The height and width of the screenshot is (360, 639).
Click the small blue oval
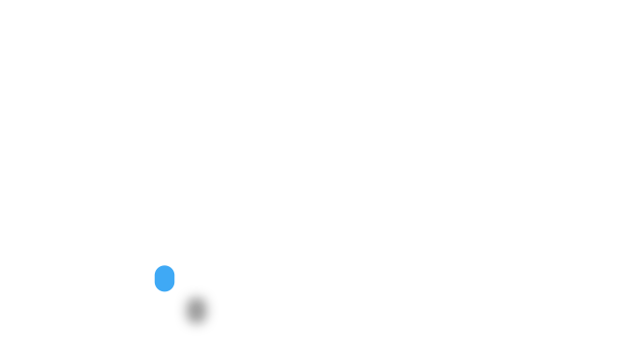coord(165,279)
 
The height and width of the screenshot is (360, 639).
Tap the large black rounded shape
coord(197,311)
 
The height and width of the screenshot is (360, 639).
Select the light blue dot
coord(165,279)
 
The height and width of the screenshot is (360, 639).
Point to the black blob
coord(197,311)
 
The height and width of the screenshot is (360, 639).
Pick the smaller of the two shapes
coord(165,279)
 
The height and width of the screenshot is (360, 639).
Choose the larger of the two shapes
coord(197,311)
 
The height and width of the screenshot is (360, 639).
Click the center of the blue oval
coord(165,279)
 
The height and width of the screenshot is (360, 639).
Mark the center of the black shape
coord(197,311)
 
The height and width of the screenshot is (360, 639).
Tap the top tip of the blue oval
coord(165,265)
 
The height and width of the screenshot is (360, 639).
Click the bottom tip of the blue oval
coord(165,291)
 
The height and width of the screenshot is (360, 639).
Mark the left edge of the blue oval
coord(154,279)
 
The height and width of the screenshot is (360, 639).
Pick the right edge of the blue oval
coord(175,279)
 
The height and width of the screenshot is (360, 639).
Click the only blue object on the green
coord(165,279)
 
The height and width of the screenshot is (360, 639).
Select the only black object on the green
coord(197,311)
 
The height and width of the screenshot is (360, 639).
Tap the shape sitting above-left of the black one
coord(165,279)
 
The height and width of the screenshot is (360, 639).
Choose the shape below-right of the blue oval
coord(197,311)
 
